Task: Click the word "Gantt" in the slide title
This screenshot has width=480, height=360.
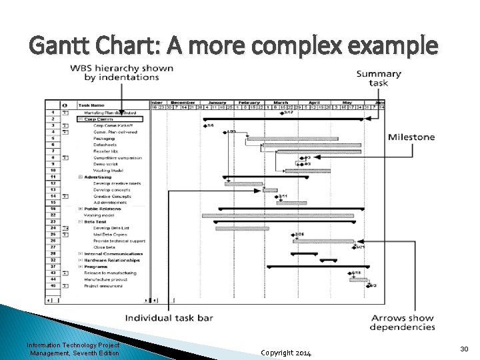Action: point(61,46)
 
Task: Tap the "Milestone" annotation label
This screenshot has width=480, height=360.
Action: point(411,137)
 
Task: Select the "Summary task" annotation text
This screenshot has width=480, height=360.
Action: point(379,79)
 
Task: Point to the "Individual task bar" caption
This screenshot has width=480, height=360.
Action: point(169,318)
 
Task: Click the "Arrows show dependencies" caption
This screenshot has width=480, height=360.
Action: point(402,323)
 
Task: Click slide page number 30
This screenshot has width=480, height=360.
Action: point(464,349)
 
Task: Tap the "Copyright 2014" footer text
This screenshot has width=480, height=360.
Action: point(286,352)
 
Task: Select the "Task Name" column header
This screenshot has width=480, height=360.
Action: point(91,105)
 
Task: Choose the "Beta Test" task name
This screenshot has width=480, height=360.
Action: point(96,221)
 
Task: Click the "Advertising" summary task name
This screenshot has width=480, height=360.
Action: point(98,177)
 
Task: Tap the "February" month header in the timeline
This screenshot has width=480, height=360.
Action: point(248,103)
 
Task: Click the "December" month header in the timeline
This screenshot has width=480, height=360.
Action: point(183,103)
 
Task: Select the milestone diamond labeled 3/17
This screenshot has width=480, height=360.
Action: point(281,113)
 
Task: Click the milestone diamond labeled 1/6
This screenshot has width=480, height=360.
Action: point(205,125)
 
